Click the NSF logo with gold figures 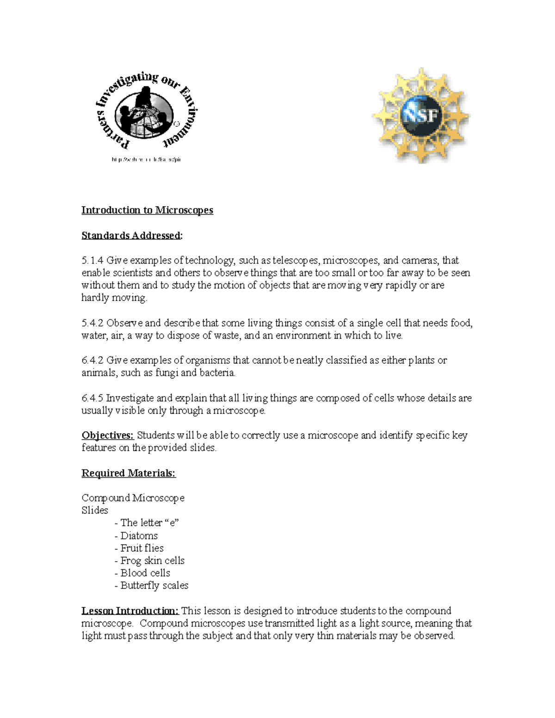[x=421, y=116]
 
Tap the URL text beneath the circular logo [x=146, y=160]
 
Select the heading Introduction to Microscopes [x=147, y=210]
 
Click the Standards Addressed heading [x=131, y=236]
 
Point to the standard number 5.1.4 [x=92, y=261]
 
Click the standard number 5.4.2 [x=92, y=323]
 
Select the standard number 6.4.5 [x=92, y=398]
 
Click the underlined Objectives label [x=107, y=436]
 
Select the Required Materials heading [x=129, y=473]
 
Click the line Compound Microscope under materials [x=133, y=498]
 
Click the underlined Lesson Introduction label [x=130, y=611]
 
